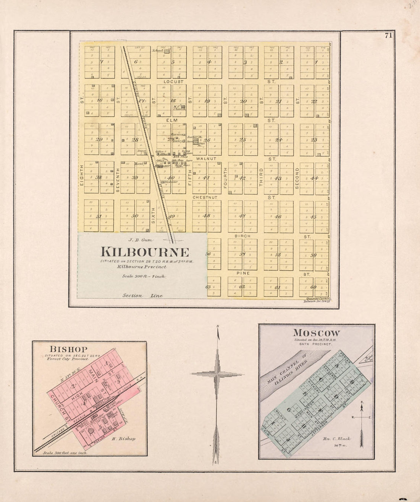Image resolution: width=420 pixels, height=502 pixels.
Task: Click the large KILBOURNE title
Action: coord(145,252)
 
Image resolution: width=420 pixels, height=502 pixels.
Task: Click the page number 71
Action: coord(389,35)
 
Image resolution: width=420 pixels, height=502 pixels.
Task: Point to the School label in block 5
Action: coord(157,50)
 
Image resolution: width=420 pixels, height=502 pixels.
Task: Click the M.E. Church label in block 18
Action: coord(179,108)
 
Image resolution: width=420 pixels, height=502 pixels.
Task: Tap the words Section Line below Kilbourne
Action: coord(142,296)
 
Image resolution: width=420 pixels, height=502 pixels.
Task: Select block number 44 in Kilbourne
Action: coord(314,178)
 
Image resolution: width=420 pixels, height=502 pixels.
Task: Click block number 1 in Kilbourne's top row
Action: coord(316,62)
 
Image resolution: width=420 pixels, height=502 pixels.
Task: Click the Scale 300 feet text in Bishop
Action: coord(65,453)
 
